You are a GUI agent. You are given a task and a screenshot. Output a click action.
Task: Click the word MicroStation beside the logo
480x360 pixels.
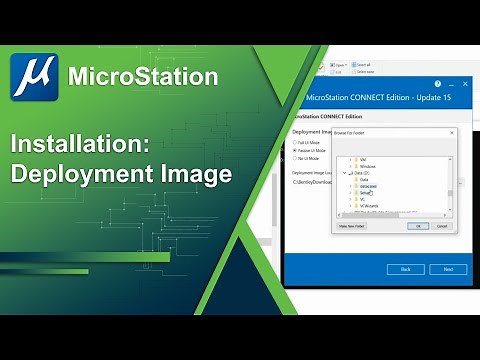pyautogui.click(x=142, y=76)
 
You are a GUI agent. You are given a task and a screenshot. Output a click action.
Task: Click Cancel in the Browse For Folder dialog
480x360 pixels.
pyautogui.click(x=442, y=226)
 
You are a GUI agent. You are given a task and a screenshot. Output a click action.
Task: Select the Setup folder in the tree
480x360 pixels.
pyautogui.click(x=368, y=193)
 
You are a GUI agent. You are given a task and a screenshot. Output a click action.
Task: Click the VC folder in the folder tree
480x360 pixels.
pyautogui.click(x=364, y=201)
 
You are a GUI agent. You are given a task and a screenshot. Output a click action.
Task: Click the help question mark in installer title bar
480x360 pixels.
pyautogui.click(x=437, y=84)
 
